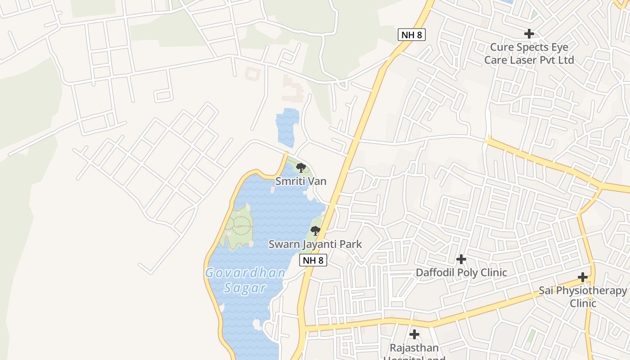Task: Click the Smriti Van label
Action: (x=301, y=181)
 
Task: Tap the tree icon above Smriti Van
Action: (x=301, y=168)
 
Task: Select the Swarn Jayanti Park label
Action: (x=315, y=244)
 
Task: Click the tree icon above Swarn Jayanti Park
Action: (x=315, y=231)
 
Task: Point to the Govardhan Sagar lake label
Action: (x=245, y=280)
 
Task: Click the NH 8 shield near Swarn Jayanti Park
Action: (x=313, y=260)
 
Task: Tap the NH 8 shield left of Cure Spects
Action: (x=412, y=35)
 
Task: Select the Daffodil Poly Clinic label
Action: (x=461, y=272)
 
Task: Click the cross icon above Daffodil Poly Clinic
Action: (x=461, y=259)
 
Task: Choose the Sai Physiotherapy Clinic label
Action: (x=583, y=297)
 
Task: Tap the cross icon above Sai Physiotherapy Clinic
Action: (x=583, y=277)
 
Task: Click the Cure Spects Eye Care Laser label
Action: (x=529, y=54)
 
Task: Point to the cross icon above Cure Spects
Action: (x=529, y=34)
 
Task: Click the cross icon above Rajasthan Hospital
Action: (x=414, y=334)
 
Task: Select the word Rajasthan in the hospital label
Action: (x=414, y=348)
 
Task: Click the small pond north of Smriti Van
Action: (x=287, y=127)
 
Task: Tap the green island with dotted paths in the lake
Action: (x=238, y=226)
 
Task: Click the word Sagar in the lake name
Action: (x=245, y=288)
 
